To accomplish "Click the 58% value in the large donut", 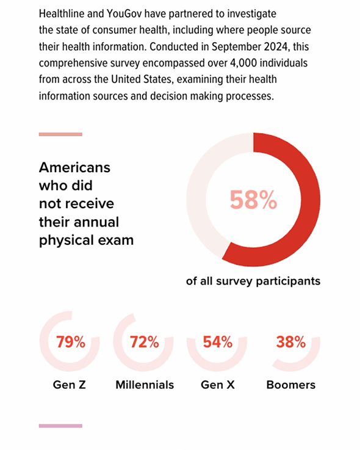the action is coord(253,200).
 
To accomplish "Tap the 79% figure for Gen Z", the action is coord(71,342).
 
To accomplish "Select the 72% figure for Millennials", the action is coord(144,342).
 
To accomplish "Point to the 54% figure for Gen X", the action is coord(218,342).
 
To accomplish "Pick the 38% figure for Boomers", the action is coord(291,342).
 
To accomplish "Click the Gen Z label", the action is coord(70,385).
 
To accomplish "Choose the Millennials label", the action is coord(145,385).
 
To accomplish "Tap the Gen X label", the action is coord(218,385).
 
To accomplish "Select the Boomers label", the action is coord(291,385).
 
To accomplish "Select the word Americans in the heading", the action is coord(74,167).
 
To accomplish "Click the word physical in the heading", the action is coord(67,241).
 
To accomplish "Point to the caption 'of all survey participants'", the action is coord(253,281).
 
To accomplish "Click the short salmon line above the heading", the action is coord(60,134).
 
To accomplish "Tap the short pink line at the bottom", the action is coord(60,426).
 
